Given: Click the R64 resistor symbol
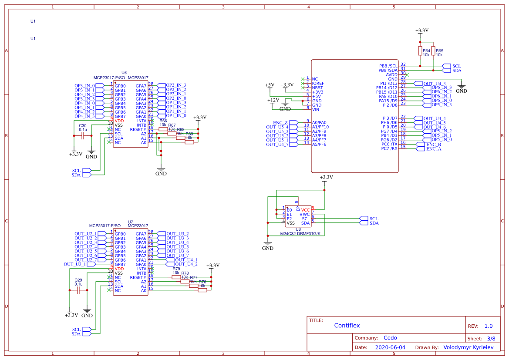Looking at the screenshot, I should (420, 51).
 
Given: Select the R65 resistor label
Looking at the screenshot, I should (439, 51).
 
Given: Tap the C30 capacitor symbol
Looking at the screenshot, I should (82, 136).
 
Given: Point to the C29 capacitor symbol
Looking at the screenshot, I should (78, 290).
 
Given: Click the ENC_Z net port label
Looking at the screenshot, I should (280, 123).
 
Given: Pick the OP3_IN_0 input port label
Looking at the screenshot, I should (84, 86).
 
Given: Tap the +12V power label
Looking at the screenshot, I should (273, 100).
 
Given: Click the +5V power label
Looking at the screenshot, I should (270, 85).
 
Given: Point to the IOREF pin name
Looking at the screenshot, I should (318, 83).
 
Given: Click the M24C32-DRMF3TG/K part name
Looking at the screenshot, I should (300, 234).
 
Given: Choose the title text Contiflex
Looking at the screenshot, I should (347, 326).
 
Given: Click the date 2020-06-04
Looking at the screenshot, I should (390, 347).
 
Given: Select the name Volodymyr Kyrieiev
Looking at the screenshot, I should (468, 347).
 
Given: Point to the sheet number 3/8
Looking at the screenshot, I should (491, 338).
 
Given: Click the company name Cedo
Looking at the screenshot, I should (390, 338).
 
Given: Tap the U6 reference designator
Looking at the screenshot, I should (124, 73).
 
